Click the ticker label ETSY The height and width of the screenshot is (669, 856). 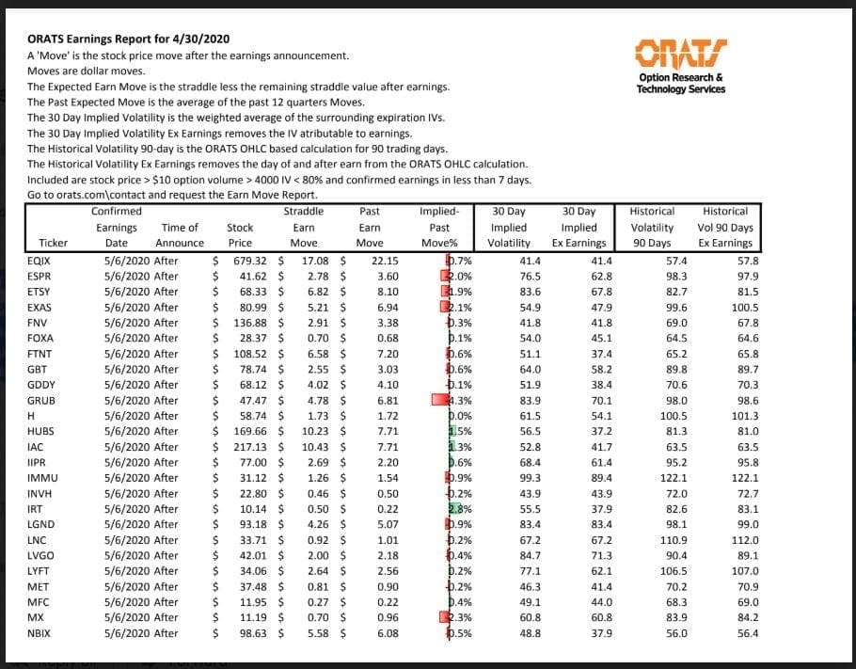pos(40,292)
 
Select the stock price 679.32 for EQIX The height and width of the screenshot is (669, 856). pos(249,261)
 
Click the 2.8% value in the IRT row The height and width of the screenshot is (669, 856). pos(460,509)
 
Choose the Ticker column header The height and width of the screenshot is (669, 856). pos(40,243)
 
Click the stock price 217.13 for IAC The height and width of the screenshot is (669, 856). pos(249,447)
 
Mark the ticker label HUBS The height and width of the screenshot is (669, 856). pos(41,431)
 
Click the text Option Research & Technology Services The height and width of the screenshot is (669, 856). pos(680,83)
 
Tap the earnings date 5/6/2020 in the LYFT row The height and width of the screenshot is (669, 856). pos(127,571)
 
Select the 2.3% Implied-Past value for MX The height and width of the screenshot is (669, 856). pos(460,617)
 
